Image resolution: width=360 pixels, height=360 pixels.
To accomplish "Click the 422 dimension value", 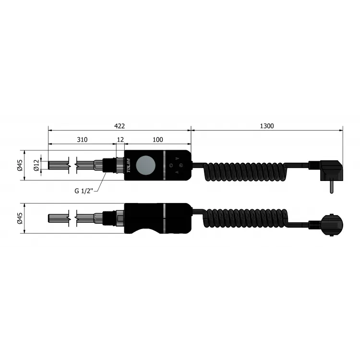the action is click(x=120, y=126).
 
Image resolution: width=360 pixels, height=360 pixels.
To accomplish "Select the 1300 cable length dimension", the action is click(x=267, y=126).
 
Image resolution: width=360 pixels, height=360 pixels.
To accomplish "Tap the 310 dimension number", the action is click(x=82, y=140).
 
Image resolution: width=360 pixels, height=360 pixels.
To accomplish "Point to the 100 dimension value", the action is click(x=158, y=140).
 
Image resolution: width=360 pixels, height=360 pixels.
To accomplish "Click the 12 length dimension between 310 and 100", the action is click(x=120, y=140).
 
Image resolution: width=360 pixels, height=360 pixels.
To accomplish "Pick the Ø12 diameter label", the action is click(x=36, y=165).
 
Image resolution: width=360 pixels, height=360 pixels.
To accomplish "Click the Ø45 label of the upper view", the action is click(x=20, y=165).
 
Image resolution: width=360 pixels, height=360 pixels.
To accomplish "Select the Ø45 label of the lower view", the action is click(x=20, y=218).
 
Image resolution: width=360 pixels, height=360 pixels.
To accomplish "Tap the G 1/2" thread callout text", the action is click(x=84, y=191).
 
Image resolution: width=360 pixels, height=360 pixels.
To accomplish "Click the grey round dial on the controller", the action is click(x=145, y=165).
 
